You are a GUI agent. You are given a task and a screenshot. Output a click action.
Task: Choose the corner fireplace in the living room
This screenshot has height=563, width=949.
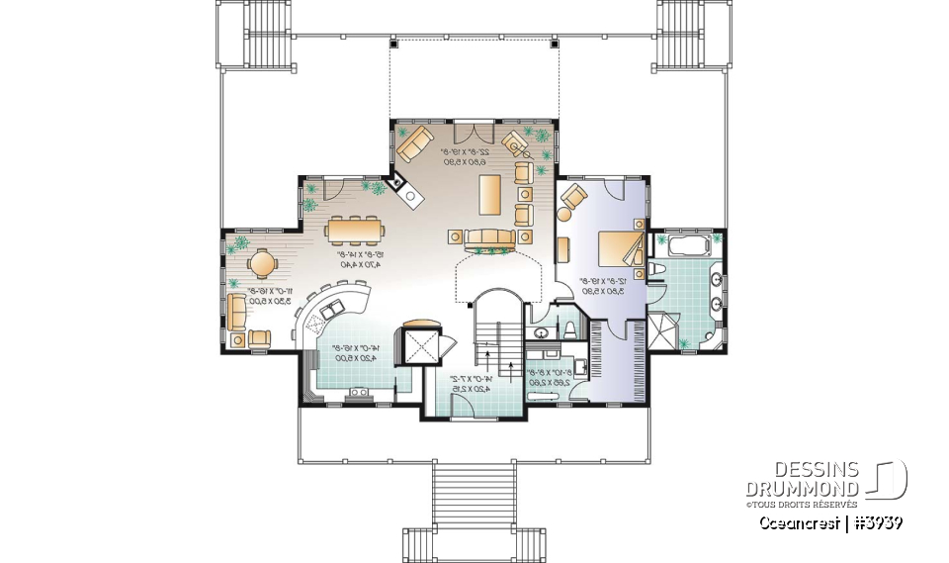405,188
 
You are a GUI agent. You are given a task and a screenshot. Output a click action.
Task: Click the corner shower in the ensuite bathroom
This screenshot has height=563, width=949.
661,331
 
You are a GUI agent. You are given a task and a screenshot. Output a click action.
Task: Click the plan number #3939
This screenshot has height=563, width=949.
874,521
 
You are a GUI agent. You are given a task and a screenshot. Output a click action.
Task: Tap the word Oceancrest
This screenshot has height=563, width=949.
796,521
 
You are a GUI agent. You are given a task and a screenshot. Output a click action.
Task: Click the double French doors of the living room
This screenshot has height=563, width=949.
471,132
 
